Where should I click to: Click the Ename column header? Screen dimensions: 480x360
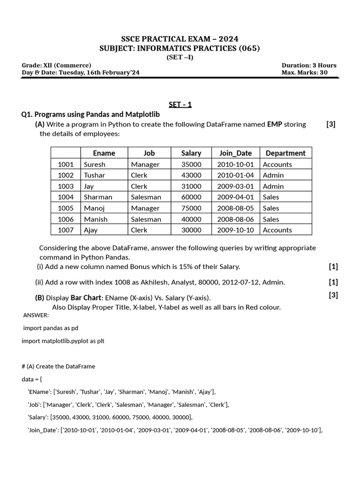point(104,153)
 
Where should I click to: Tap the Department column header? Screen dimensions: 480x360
point(285,153)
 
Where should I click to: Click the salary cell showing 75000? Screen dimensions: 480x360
point(191,208)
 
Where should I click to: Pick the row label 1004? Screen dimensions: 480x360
point(66,197)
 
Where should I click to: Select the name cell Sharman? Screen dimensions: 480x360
point(98,197)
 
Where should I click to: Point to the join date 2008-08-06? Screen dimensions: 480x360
point(235,219)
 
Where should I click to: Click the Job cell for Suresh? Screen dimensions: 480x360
point(145,165)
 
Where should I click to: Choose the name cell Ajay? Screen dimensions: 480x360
point(91,230)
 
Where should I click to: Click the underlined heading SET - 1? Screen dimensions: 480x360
point(180,105)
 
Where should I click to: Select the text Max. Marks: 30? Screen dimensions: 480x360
point(304,73)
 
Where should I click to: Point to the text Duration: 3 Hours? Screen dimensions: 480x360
point(308,65)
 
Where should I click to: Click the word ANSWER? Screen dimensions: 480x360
point(36,315)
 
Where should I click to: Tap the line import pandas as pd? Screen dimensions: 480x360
point(51,328)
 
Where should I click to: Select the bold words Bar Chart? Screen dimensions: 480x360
point(86,298)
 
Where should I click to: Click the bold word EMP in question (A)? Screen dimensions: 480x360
point(275,124)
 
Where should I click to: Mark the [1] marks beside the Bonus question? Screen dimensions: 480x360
point(333,267)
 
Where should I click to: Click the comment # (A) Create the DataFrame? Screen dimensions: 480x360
point(58,367)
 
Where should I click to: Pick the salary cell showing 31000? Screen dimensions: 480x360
point(191,186)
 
